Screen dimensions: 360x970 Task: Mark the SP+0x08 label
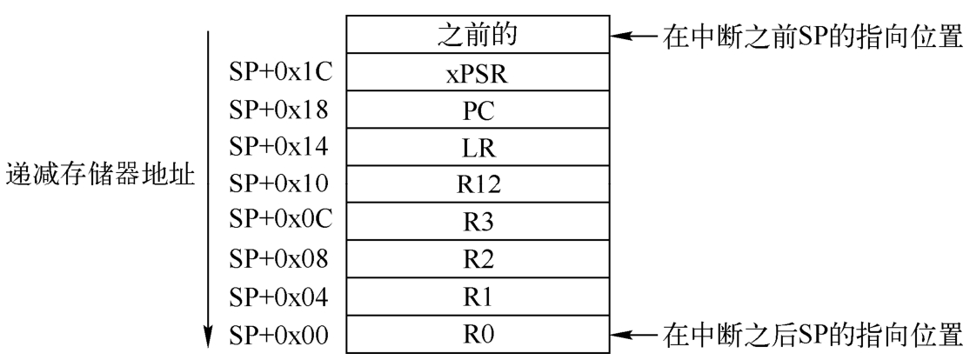tap(280, 257)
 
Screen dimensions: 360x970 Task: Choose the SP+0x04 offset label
tap(280, 294)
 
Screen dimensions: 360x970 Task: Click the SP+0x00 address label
tap(280, 331)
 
